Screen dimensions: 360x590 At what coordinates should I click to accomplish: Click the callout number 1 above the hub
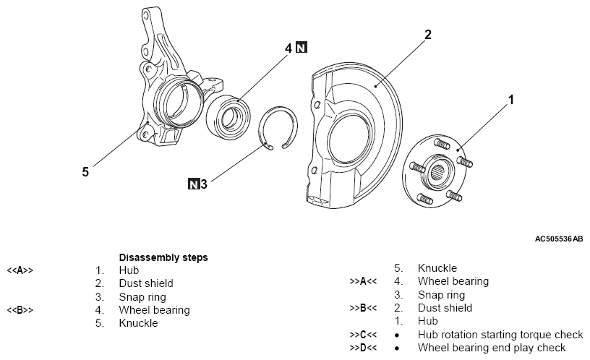[x=511, y=100]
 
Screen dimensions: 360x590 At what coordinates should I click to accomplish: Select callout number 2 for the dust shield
[x=427, y=35]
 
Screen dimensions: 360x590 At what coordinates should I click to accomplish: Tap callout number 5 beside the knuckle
[x=85, y=172]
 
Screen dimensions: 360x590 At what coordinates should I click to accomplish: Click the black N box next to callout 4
[x=302, y=48]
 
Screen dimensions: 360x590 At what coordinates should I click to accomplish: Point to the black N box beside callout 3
[x=193, y=184]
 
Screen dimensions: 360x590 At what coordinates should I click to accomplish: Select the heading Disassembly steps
[x=163, y=257]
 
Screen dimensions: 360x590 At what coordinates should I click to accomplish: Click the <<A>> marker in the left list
[x=20, y=271]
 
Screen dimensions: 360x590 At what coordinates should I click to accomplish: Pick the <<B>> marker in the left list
[x=20, y=311]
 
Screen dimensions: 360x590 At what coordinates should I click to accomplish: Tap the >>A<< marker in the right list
[x=364, y=281]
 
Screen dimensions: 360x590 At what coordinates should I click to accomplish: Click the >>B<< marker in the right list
[x=364, y=308]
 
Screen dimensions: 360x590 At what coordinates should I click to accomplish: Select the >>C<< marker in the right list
[x=364, y=335]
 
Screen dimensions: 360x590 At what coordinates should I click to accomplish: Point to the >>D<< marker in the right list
[x=364, y=348]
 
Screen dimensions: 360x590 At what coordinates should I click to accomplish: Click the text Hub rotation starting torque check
[x=500, y=335]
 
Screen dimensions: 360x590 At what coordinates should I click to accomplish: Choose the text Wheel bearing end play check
[x=492, y=348]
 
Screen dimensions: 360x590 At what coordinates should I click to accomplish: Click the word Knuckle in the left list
[x=138, y=324]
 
